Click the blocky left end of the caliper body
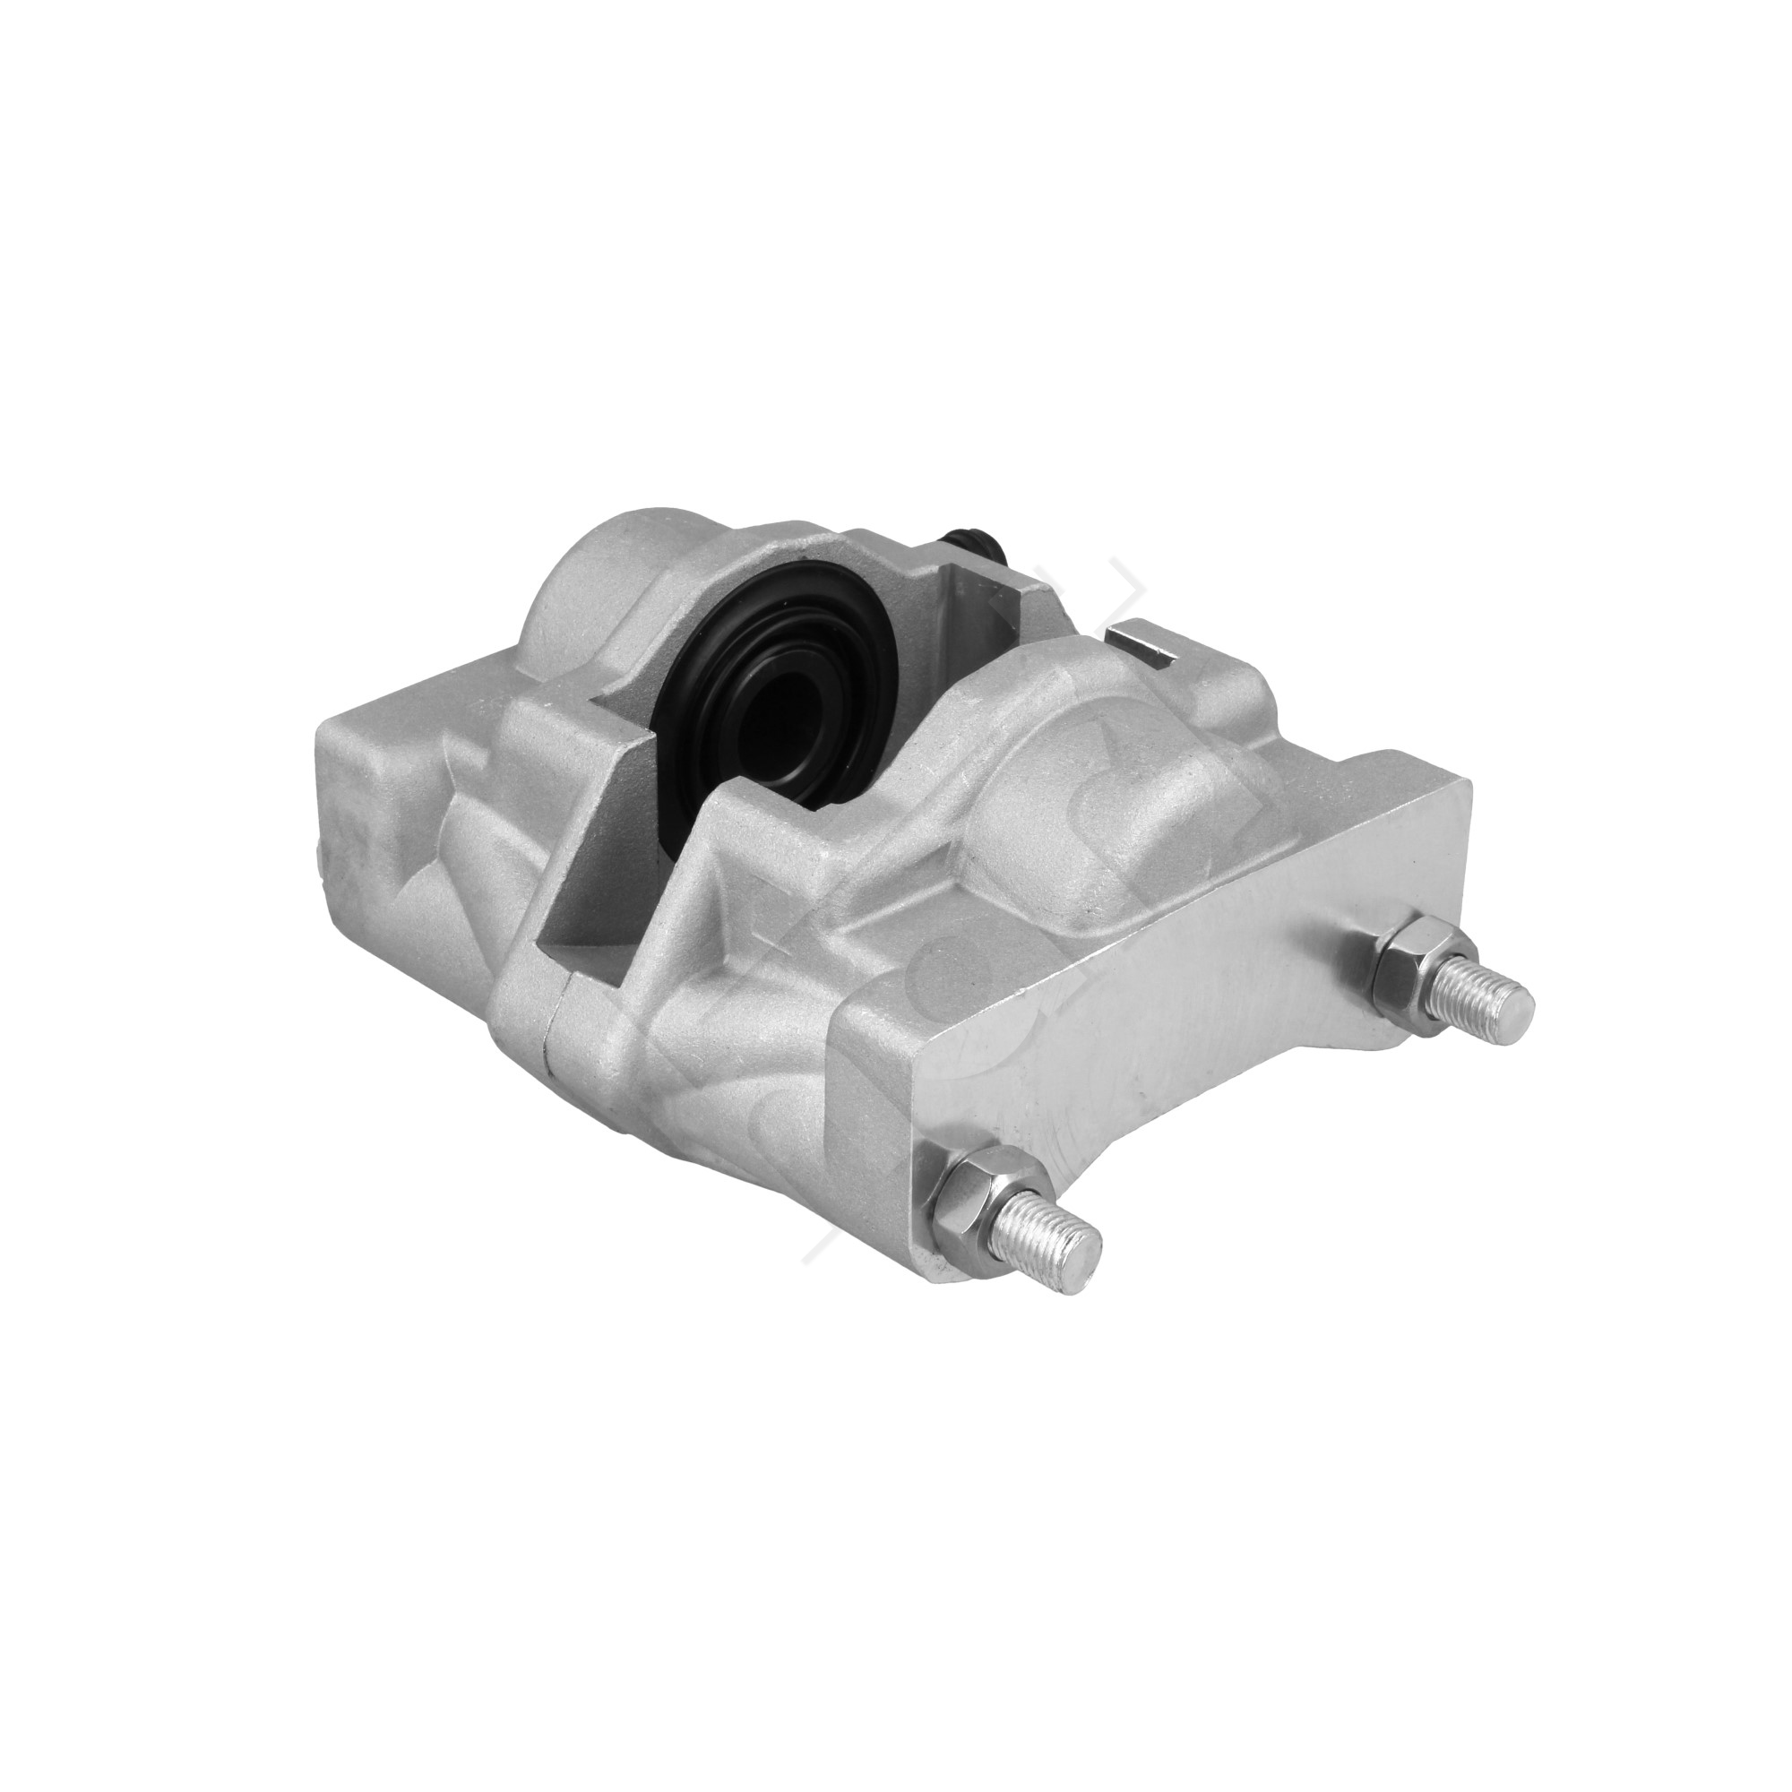coord(371,816)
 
